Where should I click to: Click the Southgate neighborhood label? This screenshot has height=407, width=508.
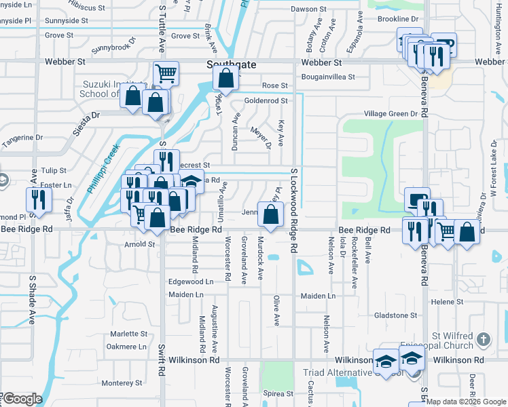[x=232, y=64]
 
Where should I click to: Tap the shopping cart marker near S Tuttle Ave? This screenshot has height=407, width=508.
[x=166, y=73]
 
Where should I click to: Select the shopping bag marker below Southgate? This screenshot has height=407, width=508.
[x=225, y=78]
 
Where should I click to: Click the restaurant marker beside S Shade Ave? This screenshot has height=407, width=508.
[x=39, y=199]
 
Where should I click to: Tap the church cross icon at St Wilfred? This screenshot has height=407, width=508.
[x=483, y=338]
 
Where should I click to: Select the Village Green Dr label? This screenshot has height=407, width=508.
[x=390, y=114]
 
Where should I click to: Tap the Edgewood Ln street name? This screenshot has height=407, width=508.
[x=191, y=281]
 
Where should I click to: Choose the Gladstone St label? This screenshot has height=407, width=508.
[x=395, y=315]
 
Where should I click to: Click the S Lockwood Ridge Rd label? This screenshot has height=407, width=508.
[x=294, y=211]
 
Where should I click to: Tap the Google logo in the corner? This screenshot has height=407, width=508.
[x=22, y=399]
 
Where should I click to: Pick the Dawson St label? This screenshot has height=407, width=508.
[x=308, y=9]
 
